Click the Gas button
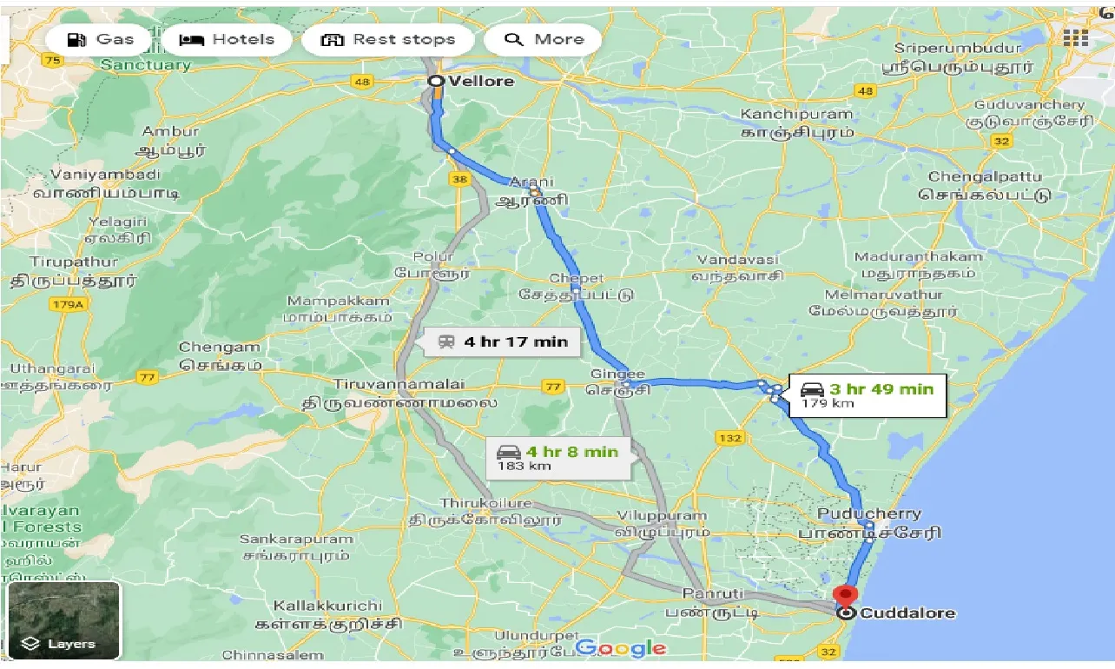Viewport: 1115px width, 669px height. (102, 39)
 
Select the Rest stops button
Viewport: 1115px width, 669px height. (388, 39)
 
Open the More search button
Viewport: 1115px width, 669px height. (544, 39)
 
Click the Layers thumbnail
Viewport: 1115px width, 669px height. (63, 620)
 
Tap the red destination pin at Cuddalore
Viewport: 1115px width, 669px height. (844, 597)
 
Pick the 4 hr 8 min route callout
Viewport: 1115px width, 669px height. (558, 457)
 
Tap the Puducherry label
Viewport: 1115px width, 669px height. (869, 513)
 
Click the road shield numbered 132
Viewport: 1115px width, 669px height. (730, 438)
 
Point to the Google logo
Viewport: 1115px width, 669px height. (620, 648)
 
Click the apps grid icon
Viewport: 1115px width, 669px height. (1075, 37)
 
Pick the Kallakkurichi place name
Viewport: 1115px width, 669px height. (327, 605)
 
